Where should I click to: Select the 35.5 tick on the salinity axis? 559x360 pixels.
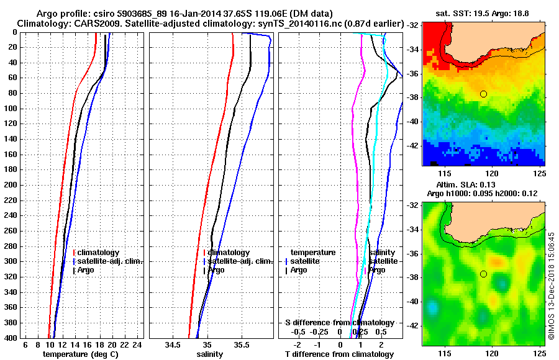tap(242, 344)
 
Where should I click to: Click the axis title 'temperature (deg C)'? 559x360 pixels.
tap(80, 354)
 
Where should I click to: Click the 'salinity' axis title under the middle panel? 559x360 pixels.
tap(209, 354)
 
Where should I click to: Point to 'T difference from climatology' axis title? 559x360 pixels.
tap(339, 354)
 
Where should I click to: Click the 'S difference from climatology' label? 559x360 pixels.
tap(339, 323)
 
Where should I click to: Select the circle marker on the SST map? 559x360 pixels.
tap(483, 94)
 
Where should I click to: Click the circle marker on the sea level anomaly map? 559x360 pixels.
tap(483, 274)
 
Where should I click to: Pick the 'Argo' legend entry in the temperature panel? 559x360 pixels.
tap(87, 270)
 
